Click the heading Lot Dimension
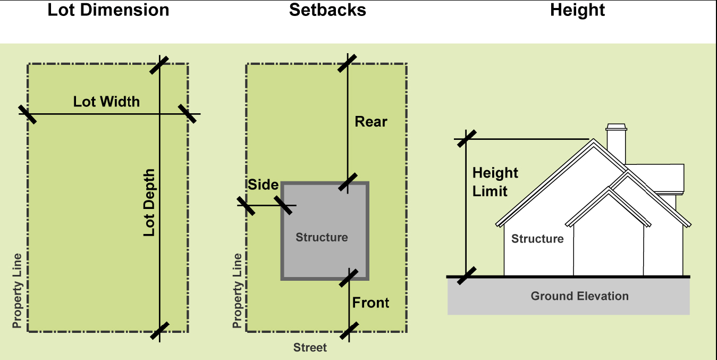click(108, 10)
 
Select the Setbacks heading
click(327, 10)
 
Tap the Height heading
click(577, 10)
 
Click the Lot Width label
click(106, 102)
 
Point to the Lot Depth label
click(149, 203)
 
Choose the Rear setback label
click(371, 122)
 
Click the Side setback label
click(263, 185)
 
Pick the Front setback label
click(370, 303)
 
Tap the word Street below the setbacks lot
click(310, 348)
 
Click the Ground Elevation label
click(579, 296)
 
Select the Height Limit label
click(494, 182)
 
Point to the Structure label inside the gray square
click(322, 237)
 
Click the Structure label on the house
click(537, 239)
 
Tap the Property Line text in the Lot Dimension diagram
click(18, 290)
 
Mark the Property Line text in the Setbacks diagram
click(237, 290)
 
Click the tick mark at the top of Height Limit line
click(466, 139)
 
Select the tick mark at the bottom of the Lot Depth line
click(159, 331)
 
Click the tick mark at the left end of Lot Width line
click(28, 114)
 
